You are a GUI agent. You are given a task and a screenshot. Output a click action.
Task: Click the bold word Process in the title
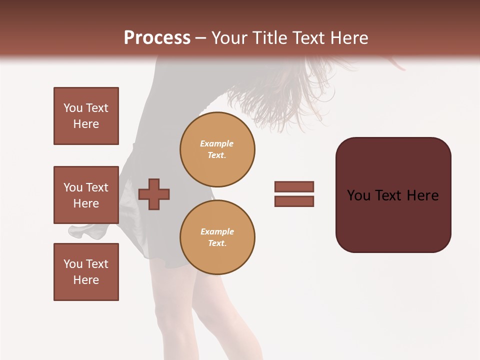[157, 38]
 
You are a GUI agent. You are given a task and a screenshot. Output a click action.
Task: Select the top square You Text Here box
[86, 116]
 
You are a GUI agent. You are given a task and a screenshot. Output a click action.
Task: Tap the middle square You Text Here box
[86, 195]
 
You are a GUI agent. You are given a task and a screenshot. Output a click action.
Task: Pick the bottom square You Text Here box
[86, 272]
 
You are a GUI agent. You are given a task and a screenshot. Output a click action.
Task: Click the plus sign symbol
[154, 194]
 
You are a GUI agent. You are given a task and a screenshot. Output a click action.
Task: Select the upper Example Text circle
[217, 149]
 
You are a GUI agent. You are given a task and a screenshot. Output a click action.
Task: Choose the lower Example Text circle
[217, 237]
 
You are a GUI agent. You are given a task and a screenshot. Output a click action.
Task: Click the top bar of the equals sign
[294, 186]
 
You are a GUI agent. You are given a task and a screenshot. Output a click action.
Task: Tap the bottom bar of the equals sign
[294, 201]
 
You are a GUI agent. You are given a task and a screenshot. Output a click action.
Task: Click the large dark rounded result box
[393, 215]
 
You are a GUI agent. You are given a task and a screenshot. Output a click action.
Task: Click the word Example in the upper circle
[217, 143]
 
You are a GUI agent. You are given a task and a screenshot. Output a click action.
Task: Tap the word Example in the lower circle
[217, 231]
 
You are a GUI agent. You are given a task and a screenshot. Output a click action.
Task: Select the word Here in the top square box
[86, 124]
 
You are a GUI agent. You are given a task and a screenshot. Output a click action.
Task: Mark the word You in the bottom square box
[72, 264]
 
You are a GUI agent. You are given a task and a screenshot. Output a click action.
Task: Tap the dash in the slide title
[201, 38]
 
